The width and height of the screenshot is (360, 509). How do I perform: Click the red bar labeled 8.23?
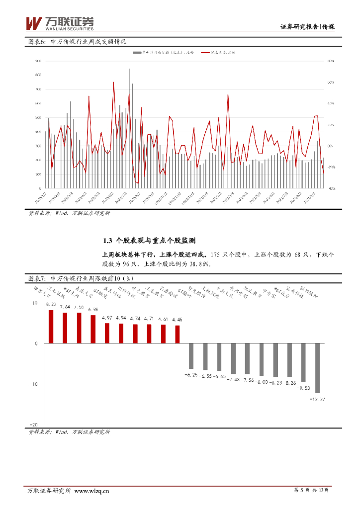(x=51, y=327)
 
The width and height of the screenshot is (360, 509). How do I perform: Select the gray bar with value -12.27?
(x=317, y=368)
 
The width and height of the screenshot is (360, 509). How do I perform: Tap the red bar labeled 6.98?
(x=92, y=329)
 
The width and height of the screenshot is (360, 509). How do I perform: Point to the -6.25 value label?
(x=191, y=374)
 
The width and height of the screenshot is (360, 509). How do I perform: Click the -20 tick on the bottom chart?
(x=34, y=424)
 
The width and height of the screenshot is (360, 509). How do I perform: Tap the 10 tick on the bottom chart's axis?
(x=35, y=303)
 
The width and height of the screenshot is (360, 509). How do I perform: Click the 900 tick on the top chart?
(x=38, y=61)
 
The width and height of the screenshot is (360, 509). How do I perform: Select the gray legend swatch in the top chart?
(x=137, y=52)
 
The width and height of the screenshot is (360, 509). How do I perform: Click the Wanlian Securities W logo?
(x=33, y=23)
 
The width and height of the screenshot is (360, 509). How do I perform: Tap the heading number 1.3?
(x=108, y=240)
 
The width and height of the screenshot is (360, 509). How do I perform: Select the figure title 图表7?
(x=36, y=278)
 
